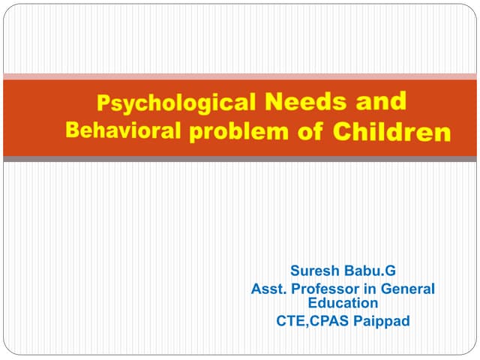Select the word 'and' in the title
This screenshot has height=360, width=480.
(x=381, y=100)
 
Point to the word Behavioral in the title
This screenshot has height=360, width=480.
(x=123, y=130)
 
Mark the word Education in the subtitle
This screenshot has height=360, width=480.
(x=343, y=303)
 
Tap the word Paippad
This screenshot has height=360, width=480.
(x=382, y=322)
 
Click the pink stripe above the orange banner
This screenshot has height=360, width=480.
(x=240, y=76)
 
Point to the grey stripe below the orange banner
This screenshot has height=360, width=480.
(x=240, y=159)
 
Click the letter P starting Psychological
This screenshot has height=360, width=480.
(x=106, y=103)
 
